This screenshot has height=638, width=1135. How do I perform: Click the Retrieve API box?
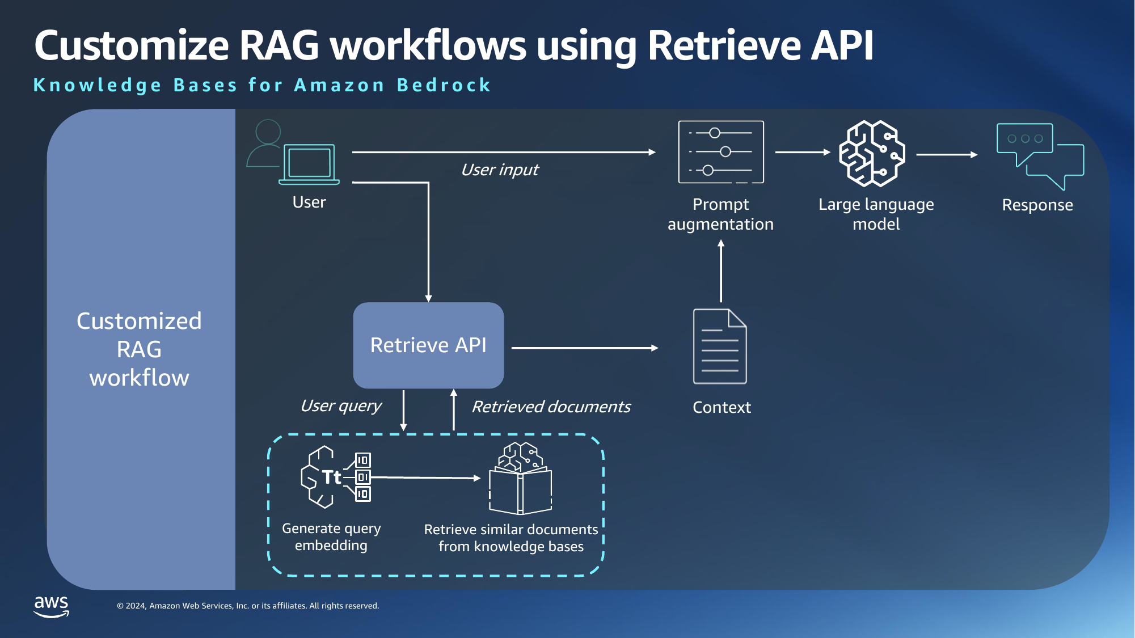point(428,345)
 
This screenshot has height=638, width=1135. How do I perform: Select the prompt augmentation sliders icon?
point(721,152)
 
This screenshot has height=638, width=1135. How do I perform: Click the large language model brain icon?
point(872,153)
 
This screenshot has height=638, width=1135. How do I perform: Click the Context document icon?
point(720,347)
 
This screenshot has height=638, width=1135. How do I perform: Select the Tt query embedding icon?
point(335,477)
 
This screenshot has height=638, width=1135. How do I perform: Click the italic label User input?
point(500,170)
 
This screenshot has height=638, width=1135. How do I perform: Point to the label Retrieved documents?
point(551,407)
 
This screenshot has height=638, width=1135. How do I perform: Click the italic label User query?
point(341,405)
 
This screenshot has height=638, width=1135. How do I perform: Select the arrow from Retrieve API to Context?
point(584,348)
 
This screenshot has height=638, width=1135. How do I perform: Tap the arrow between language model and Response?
point(947,154)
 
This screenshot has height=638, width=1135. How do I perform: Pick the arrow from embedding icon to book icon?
point(425,478)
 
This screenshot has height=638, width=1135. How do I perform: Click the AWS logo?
point(51,605)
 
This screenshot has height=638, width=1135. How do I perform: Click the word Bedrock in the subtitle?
point(444,85)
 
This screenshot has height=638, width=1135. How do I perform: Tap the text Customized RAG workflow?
point(139,349)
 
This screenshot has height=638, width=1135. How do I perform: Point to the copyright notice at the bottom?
point(248,606)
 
